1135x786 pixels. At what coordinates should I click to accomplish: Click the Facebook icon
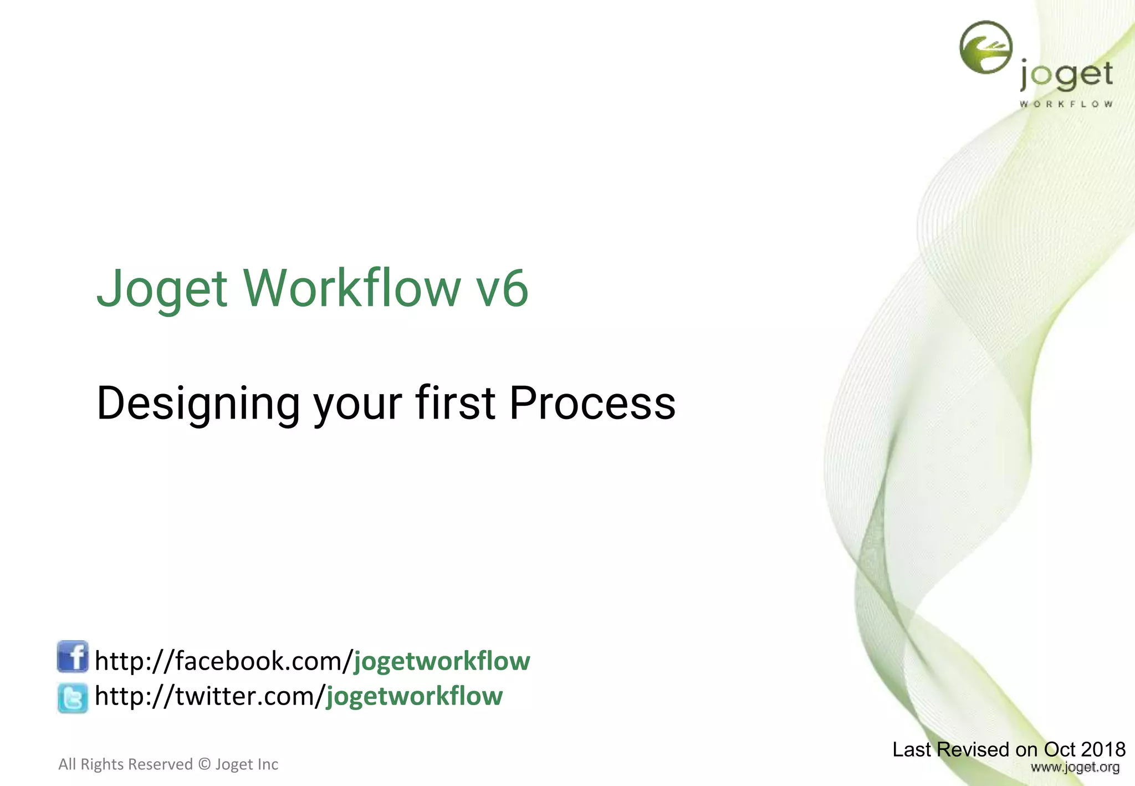click(x=73, y=657)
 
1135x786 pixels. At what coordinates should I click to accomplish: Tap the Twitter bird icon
click(x=73, y=698)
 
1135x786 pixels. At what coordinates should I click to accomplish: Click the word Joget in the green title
click(x=162, y=289)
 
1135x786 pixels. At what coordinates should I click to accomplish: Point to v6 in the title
click(x=503, y=289)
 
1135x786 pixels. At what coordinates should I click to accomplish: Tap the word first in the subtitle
click(x=455, y=403)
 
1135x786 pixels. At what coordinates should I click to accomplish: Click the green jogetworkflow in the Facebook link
click(x=442, y=661)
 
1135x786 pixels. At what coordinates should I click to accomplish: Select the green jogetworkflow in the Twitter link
click(x=414, y=696)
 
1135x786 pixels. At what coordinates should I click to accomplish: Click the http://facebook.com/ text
click(x=224, y=661)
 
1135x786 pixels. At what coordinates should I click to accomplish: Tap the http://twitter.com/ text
click(x=209, y=696)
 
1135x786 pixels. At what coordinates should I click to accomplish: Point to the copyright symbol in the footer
click(x=204, y=764)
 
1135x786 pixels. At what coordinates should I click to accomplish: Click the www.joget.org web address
click(x=1075, y=768)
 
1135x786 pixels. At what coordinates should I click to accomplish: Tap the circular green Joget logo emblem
click(x=985, y=48)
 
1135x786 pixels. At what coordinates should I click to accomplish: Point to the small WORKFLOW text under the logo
click(x=1066, y=104)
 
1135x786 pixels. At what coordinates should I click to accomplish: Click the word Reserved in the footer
click(x=165, y=764)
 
